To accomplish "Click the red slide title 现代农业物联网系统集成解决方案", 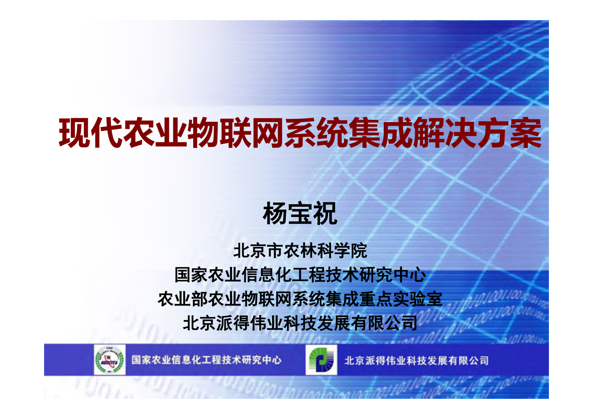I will tap(300, 133).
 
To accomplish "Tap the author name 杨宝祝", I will tap(300, 214).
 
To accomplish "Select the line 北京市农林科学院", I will tap(300, 251).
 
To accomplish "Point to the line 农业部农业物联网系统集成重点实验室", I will tap(300, 299).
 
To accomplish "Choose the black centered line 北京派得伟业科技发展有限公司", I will tap(300, 323).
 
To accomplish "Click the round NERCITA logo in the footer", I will tap(109, 360).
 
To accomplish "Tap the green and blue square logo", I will tap(321, 360).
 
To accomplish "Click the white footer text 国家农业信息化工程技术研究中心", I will tap(206, 360).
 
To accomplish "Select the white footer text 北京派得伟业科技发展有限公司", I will tap(416, 360).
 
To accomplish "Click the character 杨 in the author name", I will tap(275, 214).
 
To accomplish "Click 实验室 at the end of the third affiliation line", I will tap(417, 299).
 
